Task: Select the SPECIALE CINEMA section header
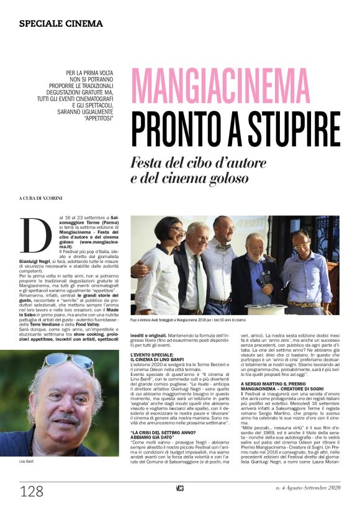[61, 24]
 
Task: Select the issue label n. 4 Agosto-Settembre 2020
[308, 488]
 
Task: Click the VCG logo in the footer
[179, 488]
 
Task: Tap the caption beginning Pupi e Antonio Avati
[188, 320]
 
